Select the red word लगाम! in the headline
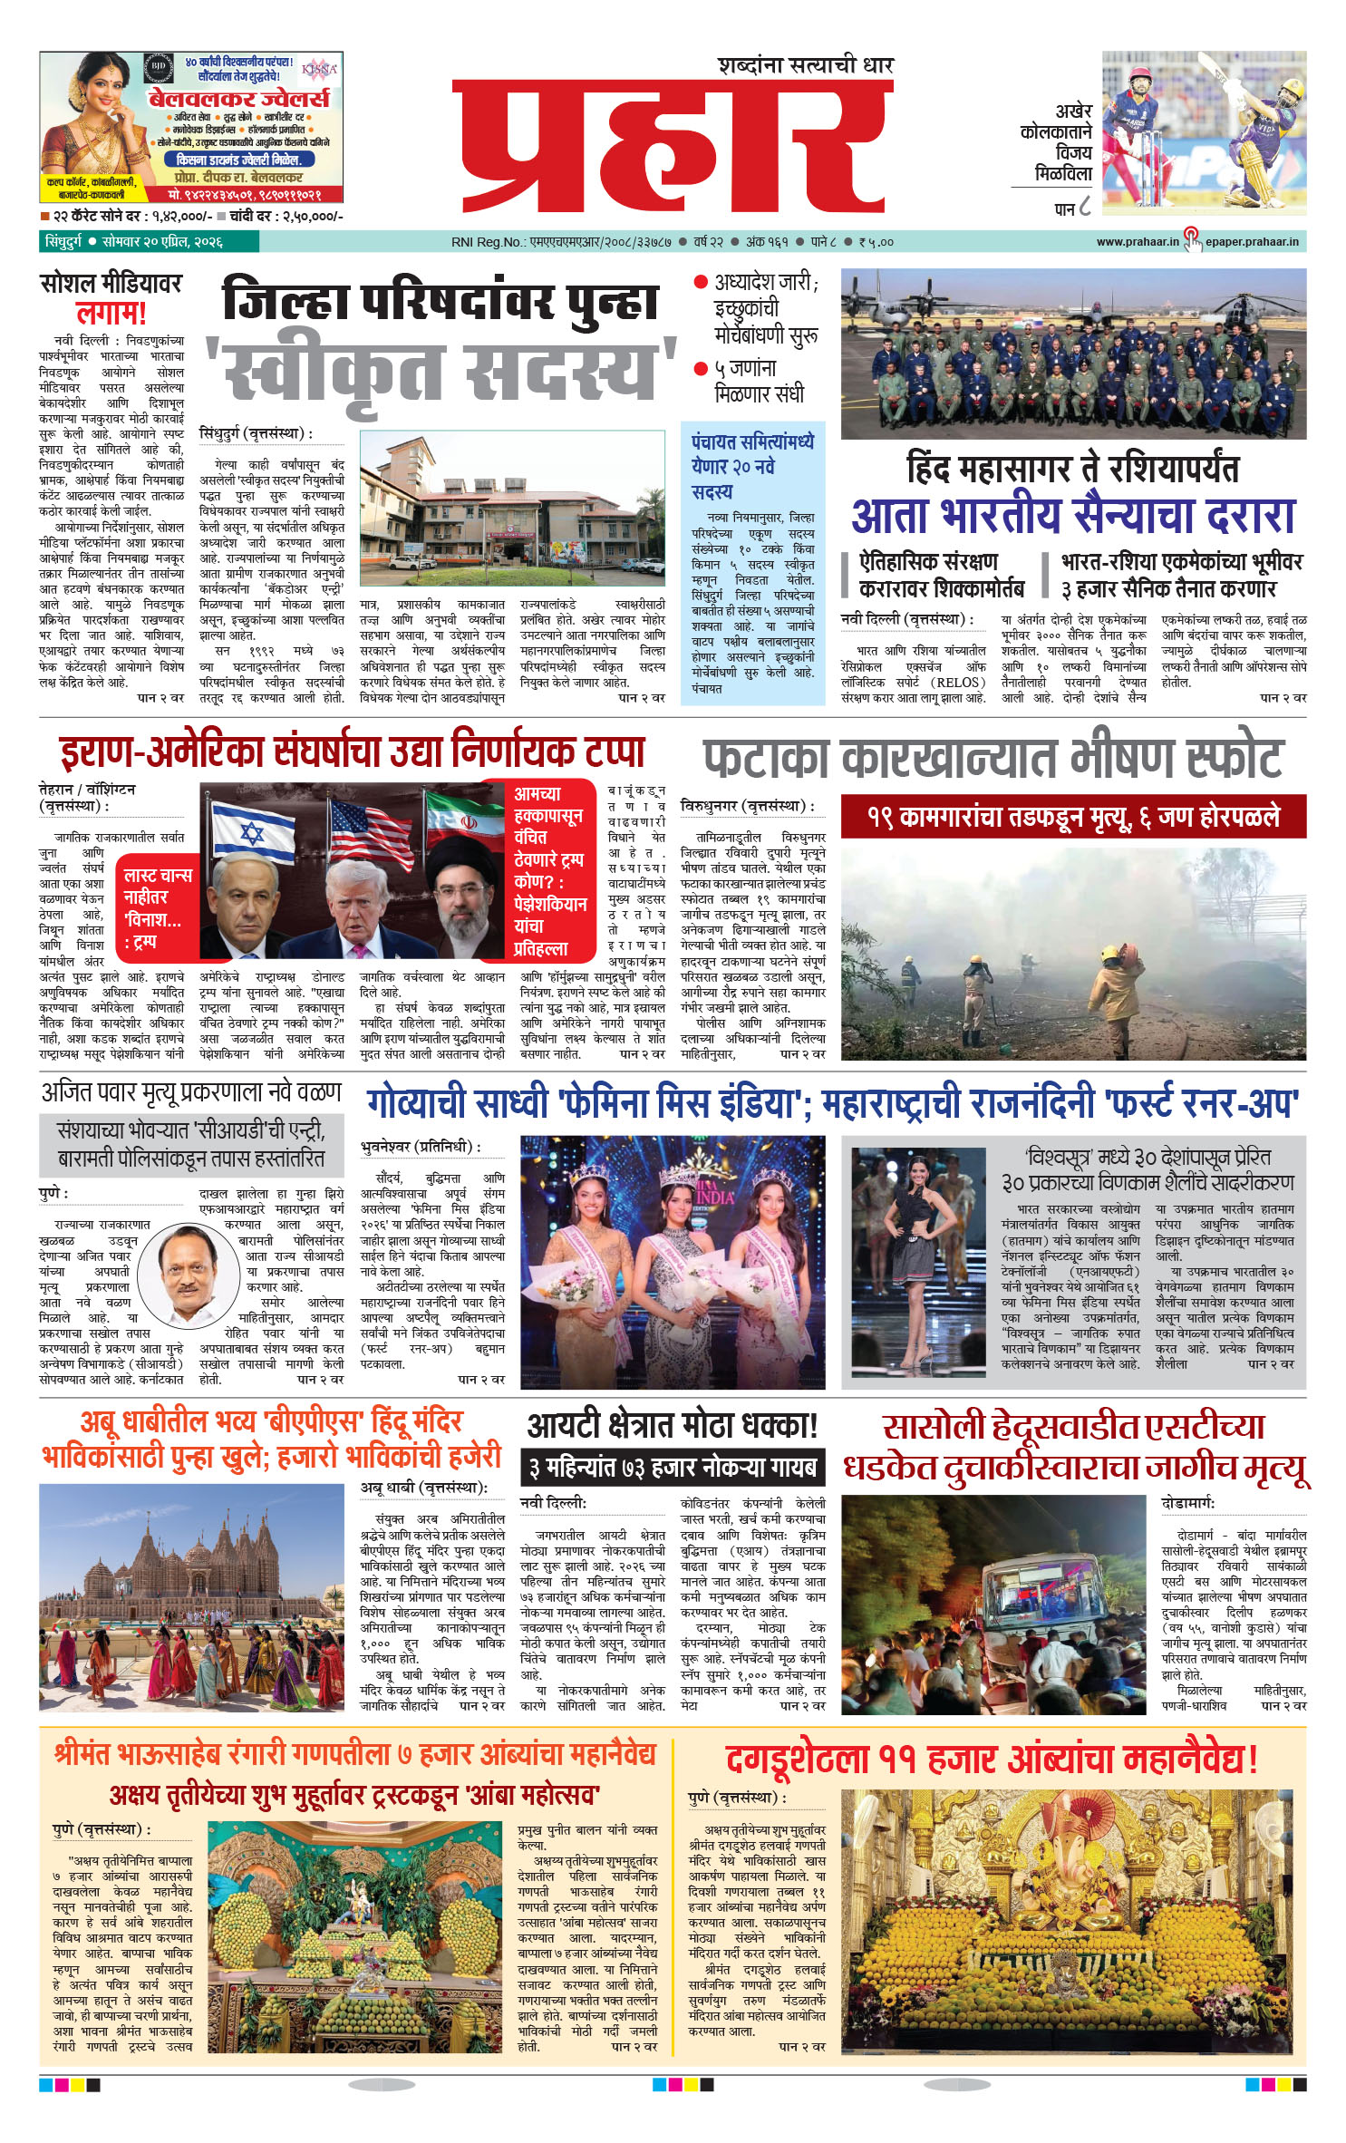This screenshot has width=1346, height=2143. (x=111, y=315)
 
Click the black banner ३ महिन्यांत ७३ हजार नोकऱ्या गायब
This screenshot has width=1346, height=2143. (x=673, y=1467)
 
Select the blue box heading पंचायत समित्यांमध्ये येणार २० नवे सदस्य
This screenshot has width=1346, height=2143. (x=752, y=466)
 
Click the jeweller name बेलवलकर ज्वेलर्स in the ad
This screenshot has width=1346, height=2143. (x=239, y=98)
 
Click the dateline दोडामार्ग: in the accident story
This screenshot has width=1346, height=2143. (x=1187, y=1503)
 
